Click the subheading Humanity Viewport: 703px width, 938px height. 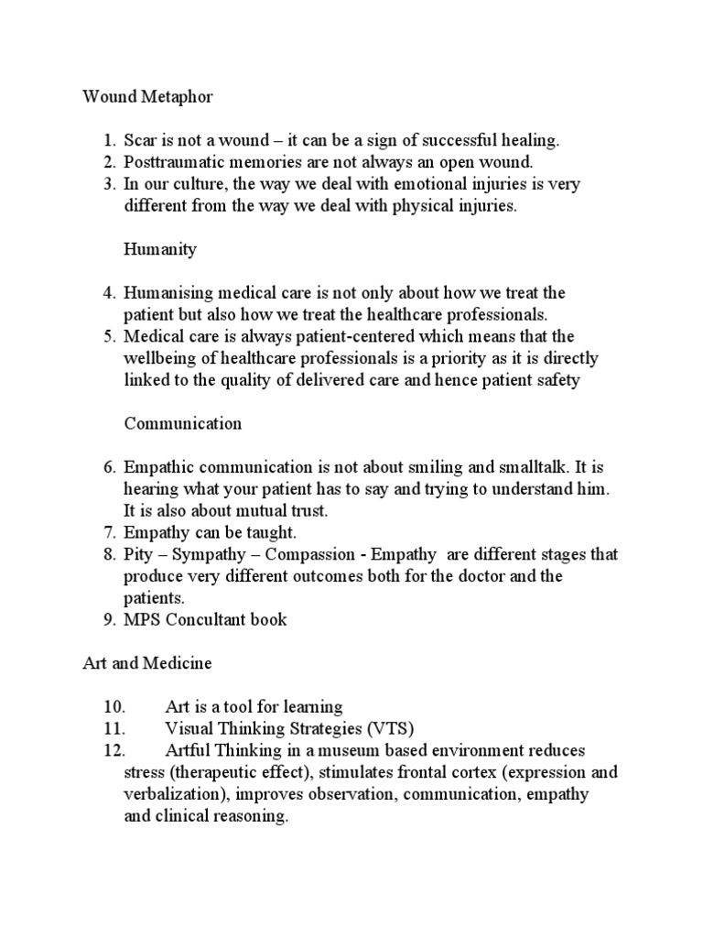tap(160, 249)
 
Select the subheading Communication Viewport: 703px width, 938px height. tap(183, 423)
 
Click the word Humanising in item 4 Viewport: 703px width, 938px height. tap(168, 293)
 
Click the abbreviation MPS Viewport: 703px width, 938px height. tap(142, 620)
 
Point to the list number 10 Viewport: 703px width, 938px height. tap(114, 706)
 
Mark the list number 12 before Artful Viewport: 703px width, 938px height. tap(114, 750)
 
